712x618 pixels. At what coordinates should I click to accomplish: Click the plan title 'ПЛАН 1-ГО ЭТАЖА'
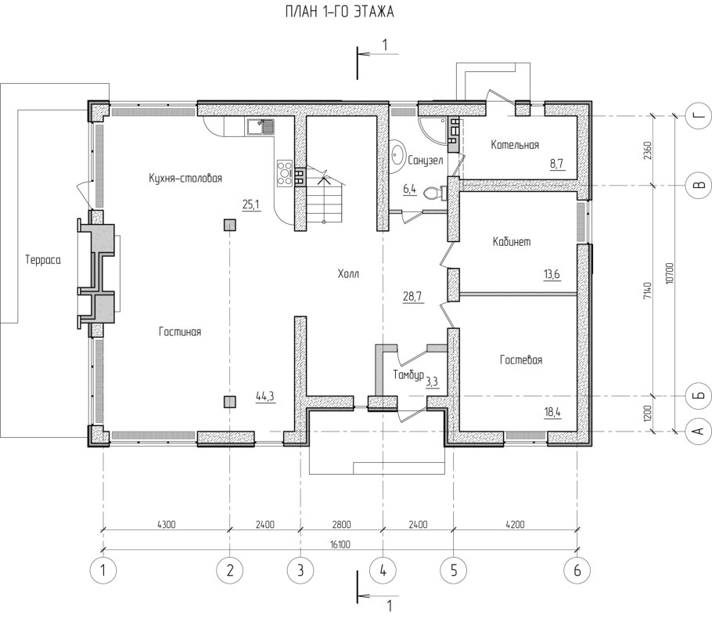click(340, 12)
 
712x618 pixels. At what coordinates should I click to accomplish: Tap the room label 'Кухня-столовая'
click(185, 178)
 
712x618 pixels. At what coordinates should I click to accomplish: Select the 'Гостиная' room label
click(180, 332)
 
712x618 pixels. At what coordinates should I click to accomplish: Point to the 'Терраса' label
click(43, 260)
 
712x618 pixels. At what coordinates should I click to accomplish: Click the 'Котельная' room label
click(515, 144)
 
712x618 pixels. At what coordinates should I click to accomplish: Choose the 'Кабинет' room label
click(512, 241)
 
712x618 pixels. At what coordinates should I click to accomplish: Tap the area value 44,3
click(265, 396)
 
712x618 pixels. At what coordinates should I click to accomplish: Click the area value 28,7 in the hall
click(412, 297)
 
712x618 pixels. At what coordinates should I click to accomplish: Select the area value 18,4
click(552, 413)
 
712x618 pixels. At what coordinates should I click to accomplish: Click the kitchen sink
click(261, 126)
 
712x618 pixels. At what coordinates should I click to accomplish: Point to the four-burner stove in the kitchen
click(285, 172)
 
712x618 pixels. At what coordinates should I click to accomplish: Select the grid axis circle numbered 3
click(300, 570)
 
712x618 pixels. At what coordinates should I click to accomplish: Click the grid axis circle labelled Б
click(700, 396)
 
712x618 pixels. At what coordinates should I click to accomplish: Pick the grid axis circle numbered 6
click(577, 570)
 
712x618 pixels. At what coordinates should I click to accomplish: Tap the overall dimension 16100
click(340, 544)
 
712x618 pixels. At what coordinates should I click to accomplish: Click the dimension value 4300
click(166, 524)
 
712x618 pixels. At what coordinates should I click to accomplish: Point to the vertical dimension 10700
click(669, 273)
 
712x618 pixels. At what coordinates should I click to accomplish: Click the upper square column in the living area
click(230, 225)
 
